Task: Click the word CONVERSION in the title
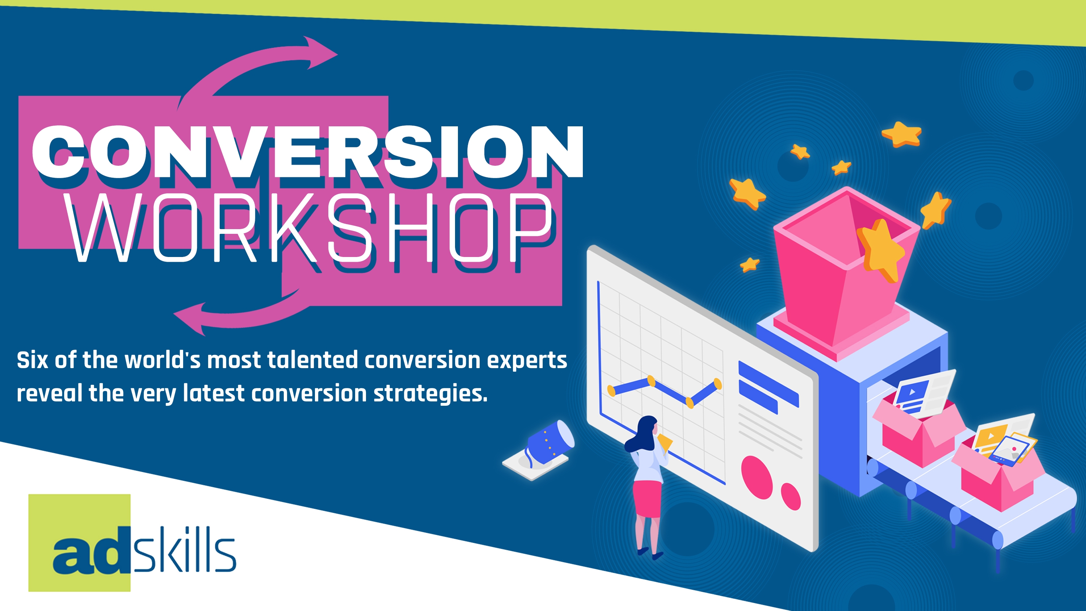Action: click(308, 152)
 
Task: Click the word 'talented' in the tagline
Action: click(312, 361)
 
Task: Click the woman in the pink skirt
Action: click(647, 485)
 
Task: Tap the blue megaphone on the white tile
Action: click(548, 443)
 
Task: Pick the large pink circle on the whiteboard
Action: click(757, 476)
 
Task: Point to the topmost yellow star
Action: click(902, 134)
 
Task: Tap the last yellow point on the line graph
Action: click(717, 384)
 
